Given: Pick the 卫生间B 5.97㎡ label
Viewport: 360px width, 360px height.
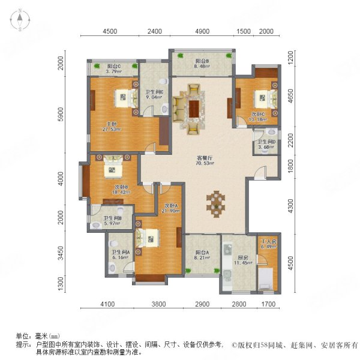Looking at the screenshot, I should tap(112, 221).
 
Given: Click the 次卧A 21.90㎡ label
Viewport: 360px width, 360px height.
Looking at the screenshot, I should tap(173, 208).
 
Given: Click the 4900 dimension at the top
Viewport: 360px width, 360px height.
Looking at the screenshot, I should tap(201, 32).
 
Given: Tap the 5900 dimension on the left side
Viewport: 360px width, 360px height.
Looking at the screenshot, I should tap(61, 115).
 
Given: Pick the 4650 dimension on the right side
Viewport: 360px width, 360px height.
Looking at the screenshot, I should tap(290, 97).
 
